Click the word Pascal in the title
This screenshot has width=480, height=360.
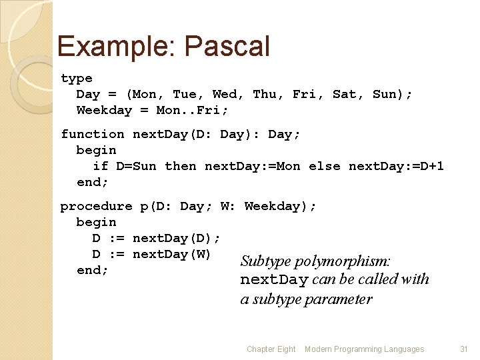click(x=227, y=47)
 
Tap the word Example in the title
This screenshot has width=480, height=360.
click(x=116, y=47)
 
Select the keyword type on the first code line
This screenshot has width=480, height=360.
click(x=77, y=79)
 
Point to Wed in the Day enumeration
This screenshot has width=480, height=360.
click(x=225, y=95)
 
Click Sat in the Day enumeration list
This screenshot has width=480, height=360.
click(x=345, y=95)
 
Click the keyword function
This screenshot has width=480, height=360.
click(x=93, y=135)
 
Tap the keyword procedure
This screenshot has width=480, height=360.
click(x=97, y=207)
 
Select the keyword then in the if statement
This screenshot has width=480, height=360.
click(x=180, y=167)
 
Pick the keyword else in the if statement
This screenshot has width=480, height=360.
click(x=325, y=167)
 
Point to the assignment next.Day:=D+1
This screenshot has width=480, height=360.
click(x=396, y=167)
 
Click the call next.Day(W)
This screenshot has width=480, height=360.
click(x=172, y=255)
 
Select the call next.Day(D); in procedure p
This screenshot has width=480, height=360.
click(x=177, y=239)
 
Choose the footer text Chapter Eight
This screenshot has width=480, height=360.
click(x=271, y=349)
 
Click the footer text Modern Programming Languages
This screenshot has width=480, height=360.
click(x=364, y=349)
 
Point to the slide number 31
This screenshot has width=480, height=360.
click(x=464, y=349)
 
